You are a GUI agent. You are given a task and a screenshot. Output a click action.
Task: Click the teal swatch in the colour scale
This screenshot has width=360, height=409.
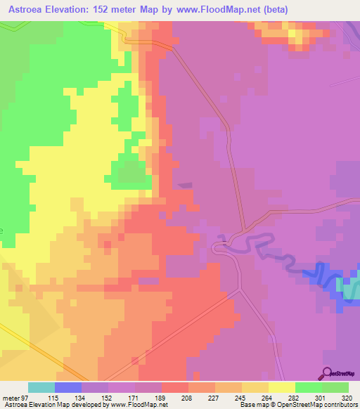tap(41, 388)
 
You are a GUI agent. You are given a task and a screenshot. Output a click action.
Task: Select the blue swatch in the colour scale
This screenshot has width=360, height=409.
tap(68, 388)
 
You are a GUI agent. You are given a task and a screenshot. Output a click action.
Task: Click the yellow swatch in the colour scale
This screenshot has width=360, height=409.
tap(282, 388)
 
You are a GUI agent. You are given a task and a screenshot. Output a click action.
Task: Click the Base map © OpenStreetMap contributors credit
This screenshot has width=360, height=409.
tap(297, 404)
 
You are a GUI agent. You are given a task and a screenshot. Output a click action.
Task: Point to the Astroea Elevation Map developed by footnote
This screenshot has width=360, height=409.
tap(84, 404)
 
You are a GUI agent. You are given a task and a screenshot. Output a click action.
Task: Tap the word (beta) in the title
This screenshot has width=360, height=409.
tap(271, 9)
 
